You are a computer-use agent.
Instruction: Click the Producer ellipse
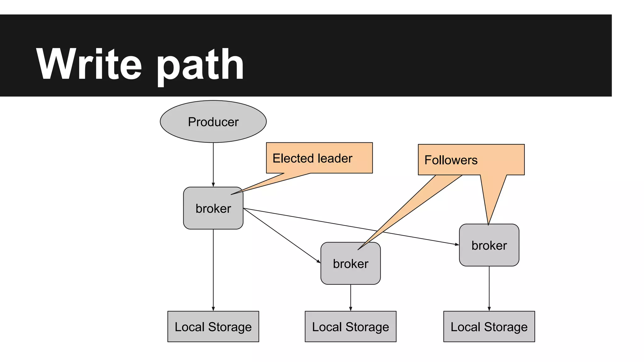[213, 122]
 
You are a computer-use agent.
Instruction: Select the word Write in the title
[89, 64]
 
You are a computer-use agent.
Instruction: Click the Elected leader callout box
[319, 158]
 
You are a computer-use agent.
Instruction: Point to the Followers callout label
[451, 160]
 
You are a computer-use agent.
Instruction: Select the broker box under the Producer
[213, 208]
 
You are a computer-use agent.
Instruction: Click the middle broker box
[350, 263]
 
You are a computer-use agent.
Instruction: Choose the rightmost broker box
[489, 245]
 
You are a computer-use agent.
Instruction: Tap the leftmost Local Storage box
[213, 326]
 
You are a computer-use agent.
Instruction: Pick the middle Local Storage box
[350, 326]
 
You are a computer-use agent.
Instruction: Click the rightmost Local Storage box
[489, 326]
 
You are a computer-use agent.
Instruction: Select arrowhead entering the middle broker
[319, 261]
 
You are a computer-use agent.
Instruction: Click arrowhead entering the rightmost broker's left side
[457, 244]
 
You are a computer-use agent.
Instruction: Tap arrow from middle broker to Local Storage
[351, 298]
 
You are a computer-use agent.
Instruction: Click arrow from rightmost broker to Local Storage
[489, 288]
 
